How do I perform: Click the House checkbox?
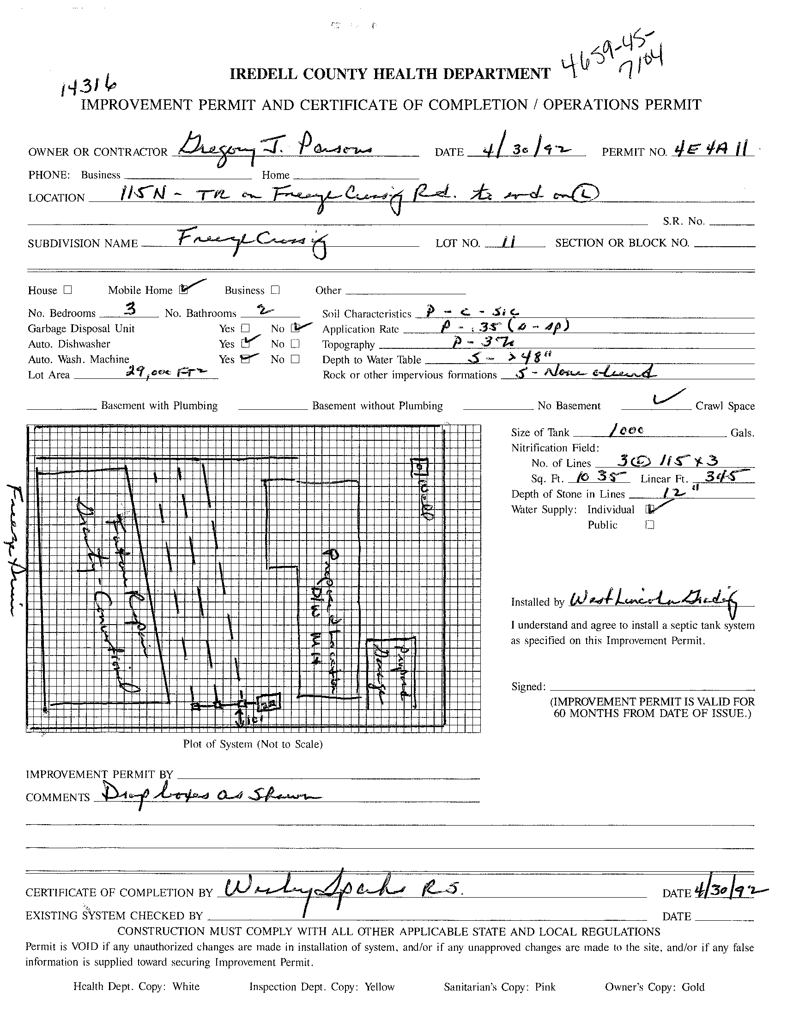(x=68, y=290)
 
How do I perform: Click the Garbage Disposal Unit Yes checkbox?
(x=245, y=328)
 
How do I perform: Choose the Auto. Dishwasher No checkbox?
(x=295, y=344)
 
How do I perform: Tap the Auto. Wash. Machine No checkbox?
(x=295, y=359)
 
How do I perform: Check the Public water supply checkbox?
(x=649, y=525)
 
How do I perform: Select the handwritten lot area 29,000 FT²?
(x=165, y=372)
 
